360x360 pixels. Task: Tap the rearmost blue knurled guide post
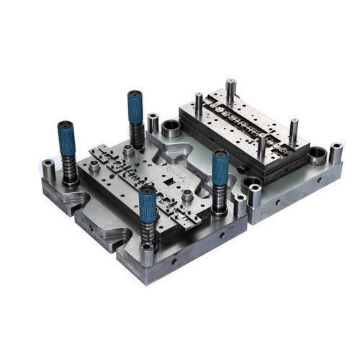pyautogui.click(x=135, y=108)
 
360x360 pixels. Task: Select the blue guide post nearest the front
pyautogui.click(x=148, y=205)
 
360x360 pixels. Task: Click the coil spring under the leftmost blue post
pyautogui.click(x=69, y=171)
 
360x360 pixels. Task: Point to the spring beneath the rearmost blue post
pyautogui.click(x=135, y=136)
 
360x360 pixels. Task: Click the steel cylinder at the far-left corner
pyautogui.click(x=48, y=171)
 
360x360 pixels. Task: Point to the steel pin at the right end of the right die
pyautogui.click(x=294, y=130)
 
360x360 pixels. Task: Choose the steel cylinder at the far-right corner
pyautogui.click(x=336, y=153)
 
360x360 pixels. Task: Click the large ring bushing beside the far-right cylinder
pyautogui.click(x=317, y=155)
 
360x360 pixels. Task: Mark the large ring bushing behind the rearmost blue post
pyautogui.click(x=171, y=129)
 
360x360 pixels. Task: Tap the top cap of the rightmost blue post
pyautogui.click(x=220, y=154)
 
